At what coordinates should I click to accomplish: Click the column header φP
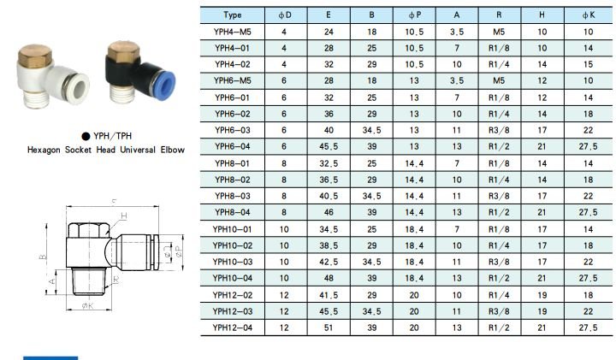click(414, 15)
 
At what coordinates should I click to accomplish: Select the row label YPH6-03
click(232, 130)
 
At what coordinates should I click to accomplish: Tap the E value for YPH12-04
click(329, 328)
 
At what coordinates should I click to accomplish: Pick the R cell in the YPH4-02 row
click(499, 64)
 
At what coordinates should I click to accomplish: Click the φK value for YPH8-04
click(588, 212)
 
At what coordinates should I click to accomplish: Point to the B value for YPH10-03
click(371, 262)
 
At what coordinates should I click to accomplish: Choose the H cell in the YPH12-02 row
click(542, 295)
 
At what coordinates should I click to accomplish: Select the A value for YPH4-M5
click(457, 32)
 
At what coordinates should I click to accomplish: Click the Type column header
click(233, 15)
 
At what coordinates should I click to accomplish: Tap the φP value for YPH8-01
click(414, 163)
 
